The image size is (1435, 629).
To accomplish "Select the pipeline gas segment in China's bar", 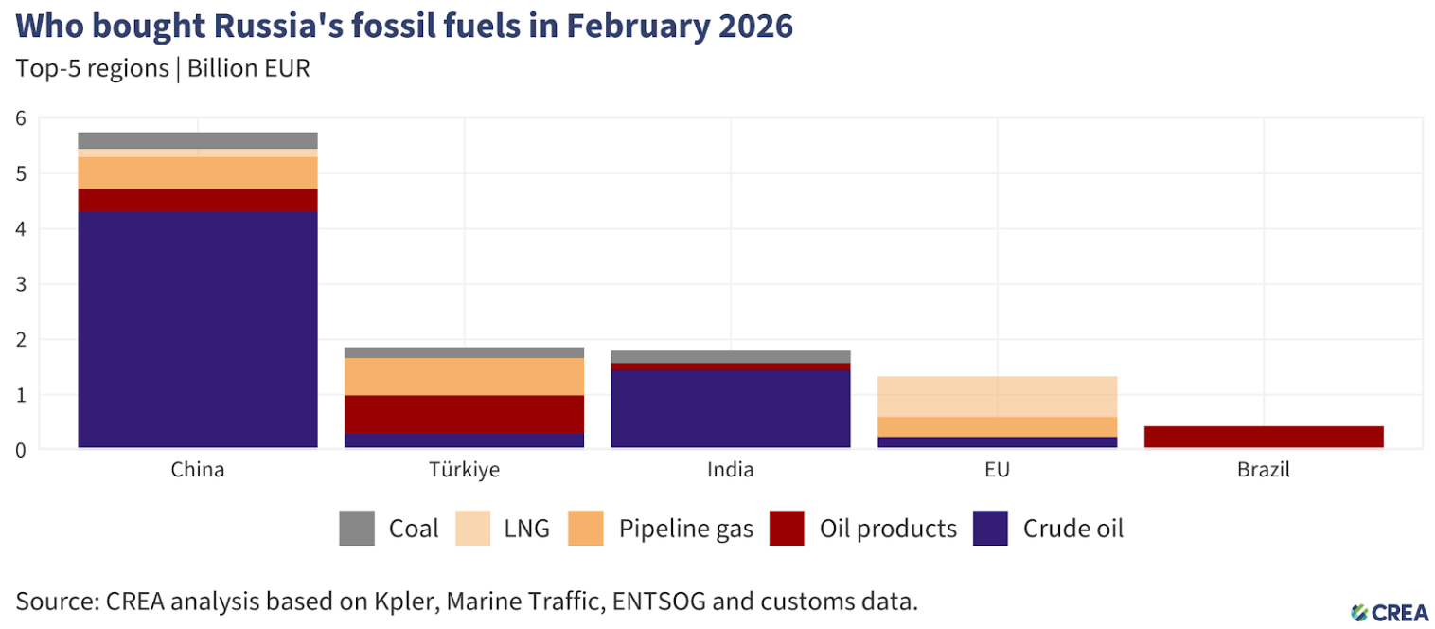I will (x=197, y=172).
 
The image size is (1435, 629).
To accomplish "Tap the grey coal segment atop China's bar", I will (x=197, y=140).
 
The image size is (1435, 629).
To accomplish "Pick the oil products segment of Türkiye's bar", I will (x=464, y=414).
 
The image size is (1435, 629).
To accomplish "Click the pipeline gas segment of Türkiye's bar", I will (x=464, y=376).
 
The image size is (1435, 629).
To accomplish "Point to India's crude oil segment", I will (x=731, y=408).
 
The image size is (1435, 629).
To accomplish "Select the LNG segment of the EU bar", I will (x=998, y=396).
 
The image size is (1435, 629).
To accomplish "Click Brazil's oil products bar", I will (x=1264, y=437).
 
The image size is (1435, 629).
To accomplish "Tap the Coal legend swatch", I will (x=357, y=529).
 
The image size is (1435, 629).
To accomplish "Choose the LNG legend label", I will (x=526, y=529).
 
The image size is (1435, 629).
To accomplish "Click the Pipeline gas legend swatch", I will (x=587, y=529).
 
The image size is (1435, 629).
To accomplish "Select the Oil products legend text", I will (x=888, y=529).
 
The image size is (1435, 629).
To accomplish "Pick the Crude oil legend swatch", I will (x=990, y=529).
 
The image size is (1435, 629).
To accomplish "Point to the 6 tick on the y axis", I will (x=20, y=118).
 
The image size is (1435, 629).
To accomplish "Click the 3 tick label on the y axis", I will (x=20, y=284).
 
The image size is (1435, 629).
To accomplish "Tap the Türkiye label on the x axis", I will (x=464, y=470).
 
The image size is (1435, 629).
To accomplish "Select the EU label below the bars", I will (x=998, y=470).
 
